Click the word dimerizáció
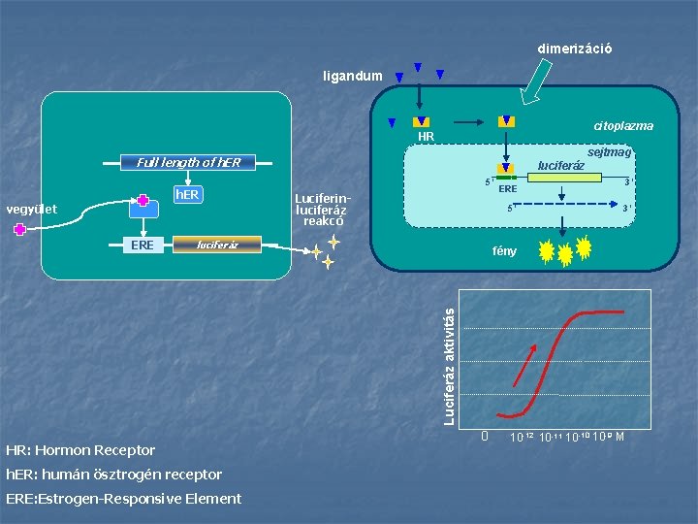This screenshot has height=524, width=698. point(575,49)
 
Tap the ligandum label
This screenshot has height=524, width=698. point(353,76)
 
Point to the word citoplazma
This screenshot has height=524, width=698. point(622,126)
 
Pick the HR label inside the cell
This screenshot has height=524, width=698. point(426,137)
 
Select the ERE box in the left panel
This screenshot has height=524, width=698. point(142,245)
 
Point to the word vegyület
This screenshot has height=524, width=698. point(32,209)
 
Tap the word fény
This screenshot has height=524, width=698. point(505,251)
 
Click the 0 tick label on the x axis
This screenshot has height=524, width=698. point(486,436)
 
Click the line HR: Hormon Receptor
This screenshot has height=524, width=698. point(80,450)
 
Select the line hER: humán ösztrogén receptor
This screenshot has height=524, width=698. point(113,475)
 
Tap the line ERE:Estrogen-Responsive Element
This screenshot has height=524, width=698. point(123,499)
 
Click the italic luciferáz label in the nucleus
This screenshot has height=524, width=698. point(561,166)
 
